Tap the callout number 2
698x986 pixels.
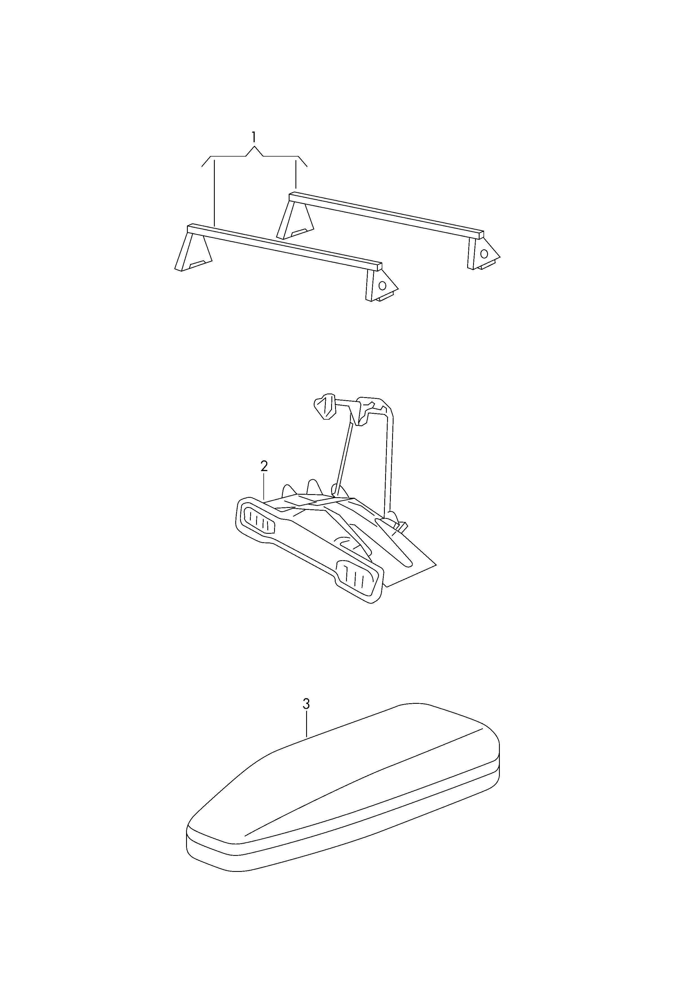point(264,466)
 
